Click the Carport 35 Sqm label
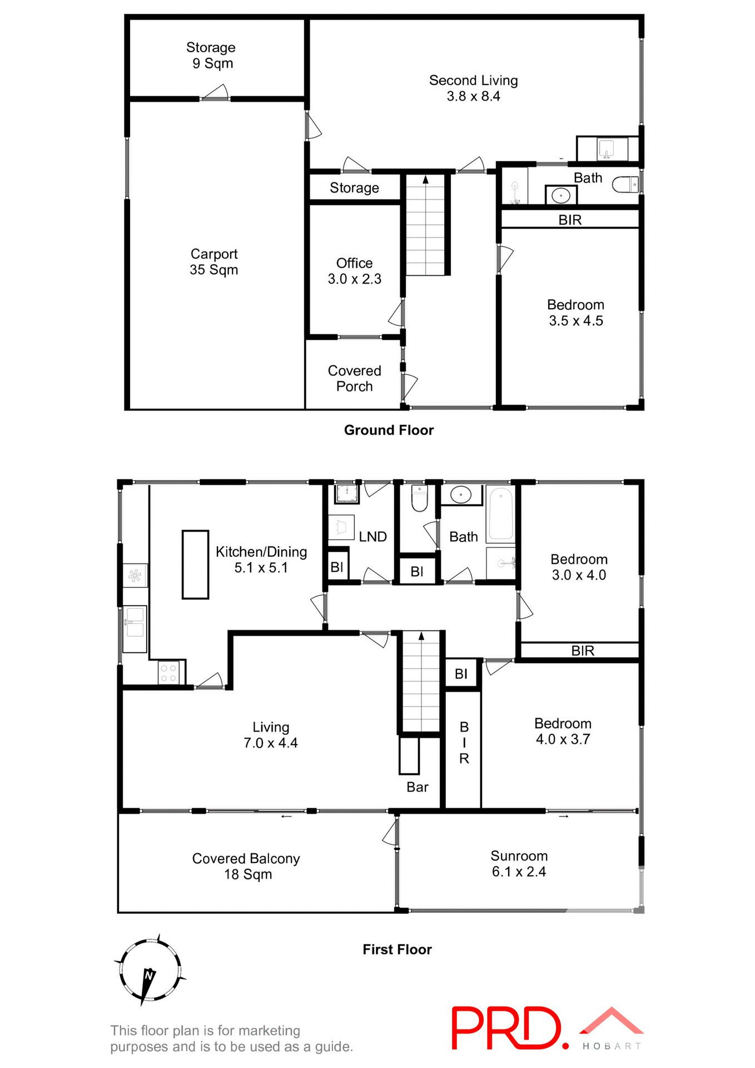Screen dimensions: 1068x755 pyautogui.click(x=213, y=261)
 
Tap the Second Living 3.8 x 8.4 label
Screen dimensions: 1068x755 pyautogui.click(x=473, y=88)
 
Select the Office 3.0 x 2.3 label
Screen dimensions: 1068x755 pyautogui.click(x=354, y=271)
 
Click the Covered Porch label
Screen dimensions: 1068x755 pyautogui.click(x=354, y=378)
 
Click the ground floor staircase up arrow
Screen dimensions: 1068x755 pyautogui.click(x=425, y=180)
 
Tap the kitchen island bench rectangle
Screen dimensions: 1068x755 pyautogui.click(x=195, y=564)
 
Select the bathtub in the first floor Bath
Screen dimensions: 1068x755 pyautogui.click(x=501, y=514)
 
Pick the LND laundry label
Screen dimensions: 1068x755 pyautogui.click(x=372, y=537)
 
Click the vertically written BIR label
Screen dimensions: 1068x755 pyautogui.click(x=464, y=743)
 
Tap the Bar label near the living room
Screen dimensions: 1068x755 pyautogui.click(x=417, y=787)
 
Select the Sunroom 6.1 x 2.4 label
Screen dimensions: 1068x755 pyautogui.click(x=519, y=863)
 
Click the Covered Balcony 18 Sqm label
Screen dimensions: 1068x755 pyautogui.click(x=246, y=866)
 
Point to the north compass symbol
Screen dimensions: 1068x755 pyautogui.click(x=149, y=971)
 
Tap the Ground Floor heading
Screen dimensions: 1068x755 pyautogui.click(x=389, y=430)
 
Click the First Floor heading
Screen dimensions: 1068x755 pyautogui.click(x=397, y=950)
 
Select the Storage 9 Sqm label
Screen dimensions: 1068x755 pyautogui.click(x=211, y=55)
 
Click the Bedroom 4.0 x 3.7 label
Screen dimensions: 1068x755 pyautogui.click(x=563, y=731)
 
